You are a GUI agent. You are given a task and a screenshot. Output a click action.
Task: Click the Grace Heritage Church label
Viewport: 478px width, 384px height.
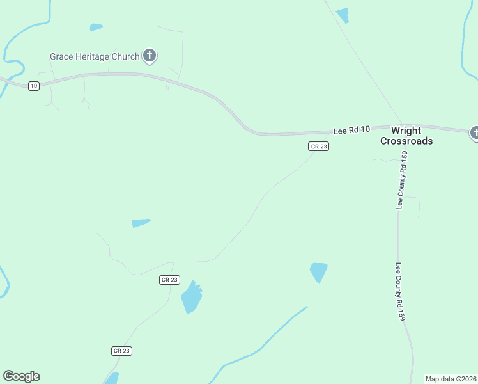[x=95, y=56]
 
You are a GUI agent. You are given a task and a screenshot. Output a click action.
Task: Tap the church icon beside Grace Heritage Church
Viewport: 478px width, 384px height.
[x=150, y=56]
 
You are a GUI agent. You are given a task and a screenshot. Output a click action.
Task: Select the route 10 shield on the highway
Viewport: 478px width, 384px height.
[x=34, y=86]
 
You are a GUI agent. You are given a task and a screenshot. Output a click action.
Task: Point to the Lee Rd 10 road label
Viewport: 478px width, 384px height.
[x=351, y=131]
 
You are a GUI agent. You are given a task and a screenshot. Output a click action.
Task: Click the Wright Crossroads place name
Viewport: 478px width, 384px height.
[x=406, y=136]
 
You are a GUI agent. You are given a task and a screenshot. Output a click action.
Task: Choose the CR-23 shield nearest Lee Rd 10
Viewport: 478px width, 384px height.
[x=318, y=147]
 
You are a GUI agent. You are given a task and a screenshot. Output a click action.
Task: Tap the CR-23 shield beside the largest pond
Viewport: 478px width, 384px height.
[x=169, y=280]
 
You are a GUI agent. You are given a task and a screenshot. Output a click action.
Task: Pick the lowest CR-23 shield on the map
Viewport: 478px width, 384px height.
[x=121, y=351]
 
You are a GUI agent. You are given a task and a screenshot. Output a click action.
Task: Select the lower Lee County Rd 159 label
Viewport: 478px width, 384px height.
[x=400, y=292]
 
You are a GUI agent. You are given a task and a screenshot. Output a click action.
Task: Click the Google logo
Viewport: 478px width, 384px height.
[x=21, y=376]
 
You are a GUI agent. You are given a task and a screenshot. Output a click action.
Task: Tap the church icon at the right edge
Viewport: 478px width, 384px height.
[x=475, y=132]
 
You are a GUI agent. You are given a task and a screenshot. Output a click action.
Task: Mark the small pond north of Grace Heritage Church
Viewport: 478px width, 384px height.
[x=96, y=27]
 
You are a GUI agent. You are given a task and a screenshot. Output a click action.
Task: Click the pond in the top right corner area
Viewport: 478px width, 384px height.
[x=343, y=15]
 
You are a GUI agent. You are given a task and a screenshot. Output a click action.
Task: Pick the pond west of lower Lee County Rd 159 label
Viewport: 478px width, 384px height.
[x=318, y=271]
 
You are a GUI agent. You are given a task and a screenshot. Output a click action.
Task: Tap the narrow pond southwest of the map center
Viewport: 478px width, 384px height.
[x=141, y=223]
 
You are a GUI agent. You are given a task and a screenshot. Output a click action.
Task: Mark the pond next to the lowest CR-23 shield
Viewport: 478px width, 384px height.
[x=112, y=378]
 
